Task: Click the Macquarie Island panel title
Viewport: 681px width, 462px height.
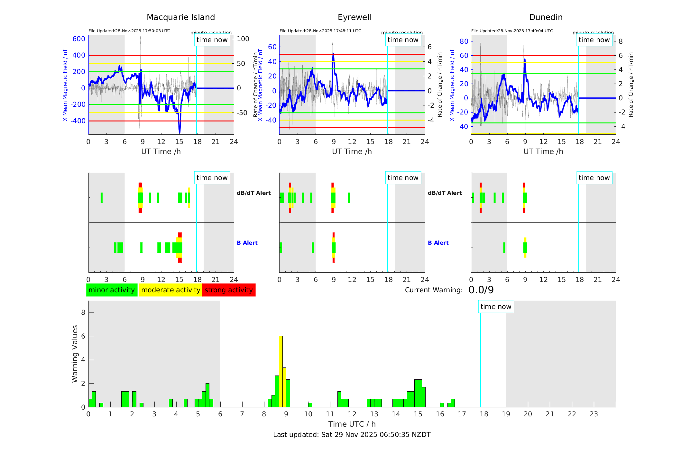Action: pyautogui.click(x=181, y=17)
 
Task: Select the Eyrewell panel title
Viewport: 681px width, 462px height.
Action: pyautogui.click(x=354, y=17)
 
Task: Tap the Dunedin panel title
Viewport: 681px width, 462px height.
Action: pyautogui.click(x=546, y=17)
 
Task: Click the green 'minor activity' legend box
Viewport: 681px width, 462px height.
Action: pyautogui.click(x=112, y=290)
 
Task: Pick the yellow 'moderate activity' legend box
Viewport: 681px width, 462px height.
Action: pyautogui.click(x=170, y=290)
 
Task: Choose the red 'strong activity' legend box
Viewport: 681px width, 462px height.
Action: pyautogui.click(x=229, y=290)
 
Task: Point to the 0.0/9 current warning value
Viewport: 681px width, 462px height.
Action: pyautogui.click(x=481, y=290)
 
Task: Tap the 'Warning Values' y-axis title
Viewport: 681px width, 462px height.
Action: pyautogui.click(x=75, y=354)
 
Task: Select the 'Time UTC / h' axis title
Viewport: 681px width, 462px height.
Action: pyautogui.click(x=352, y=424)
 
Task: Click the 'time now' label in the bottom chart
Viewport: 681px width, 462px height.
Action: pyautogui.click(x=496, y=307)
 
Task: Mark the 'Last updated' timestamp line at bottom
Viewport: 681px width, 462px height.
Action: pyautogui.click(x=352, y=435)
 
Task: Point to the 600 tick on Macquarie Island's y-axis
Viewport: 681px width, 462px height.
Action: pyautogui.click(x=79, y=39)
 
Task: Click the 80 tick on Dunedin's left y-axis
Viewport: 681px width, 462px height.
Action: pyautogui.click(x=464, y=41)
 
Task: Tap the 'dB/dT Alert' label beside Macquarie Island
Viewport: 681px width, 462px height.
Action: pyautogui.click(x=253, y=193)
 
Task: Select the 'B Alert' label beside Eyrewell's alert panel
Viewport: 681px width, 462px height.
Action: pyautogui.click(x=438, y=243)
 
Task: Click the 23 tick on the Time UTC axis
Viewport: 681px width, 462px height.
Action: pyautogui.click(x=594, y=414)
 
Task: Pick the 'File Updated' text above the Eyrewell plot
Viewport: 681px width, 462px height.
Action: pyautogui.click(x=320, y=31)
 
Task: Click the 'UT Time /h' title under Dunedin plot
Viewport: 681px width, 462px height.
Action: pyautogui.click(x=543, y=151)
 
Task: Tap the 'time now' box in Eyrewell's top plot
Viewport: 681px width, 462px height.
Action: pyautogui.click(x=403, y=40)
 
